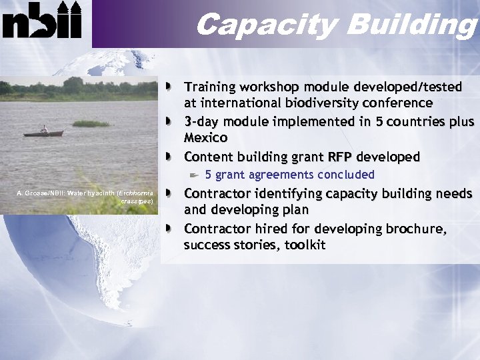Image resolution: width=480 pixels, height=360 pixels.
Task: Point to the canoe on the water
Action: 43,133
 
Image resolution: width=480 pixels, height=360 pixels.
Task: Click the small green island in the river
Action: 91,123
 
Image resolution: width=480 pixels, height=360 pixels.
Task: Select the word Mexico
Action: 205,138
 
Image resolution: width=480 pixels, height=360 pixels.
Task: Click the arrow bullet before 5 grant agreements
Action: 193,175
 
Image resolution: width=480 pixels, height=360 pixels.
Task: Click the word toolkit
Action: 305,245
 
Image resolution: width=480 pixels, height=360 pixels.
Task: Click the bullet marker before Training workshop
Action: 172,87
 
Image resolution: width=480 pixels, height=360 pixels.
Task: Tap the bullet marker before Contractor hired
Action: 172,229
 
